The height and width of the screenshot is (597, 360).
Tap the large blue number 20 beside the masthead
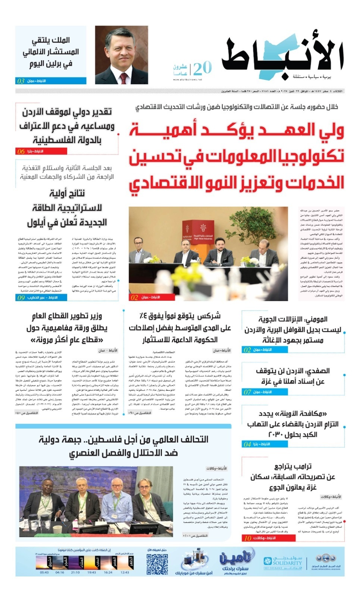(202, 68)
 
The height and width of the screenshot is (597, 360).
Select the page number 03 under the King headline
(21, 81)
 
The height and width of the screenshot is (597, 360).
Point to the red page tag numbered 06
(21, 151)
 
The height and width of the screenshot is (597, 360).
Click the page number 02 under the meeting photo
(134, 297)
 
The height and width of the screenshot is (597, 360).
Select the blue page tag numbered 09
(21, 297)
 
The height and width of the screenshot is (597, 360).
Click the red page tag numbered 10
(247, 538)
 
